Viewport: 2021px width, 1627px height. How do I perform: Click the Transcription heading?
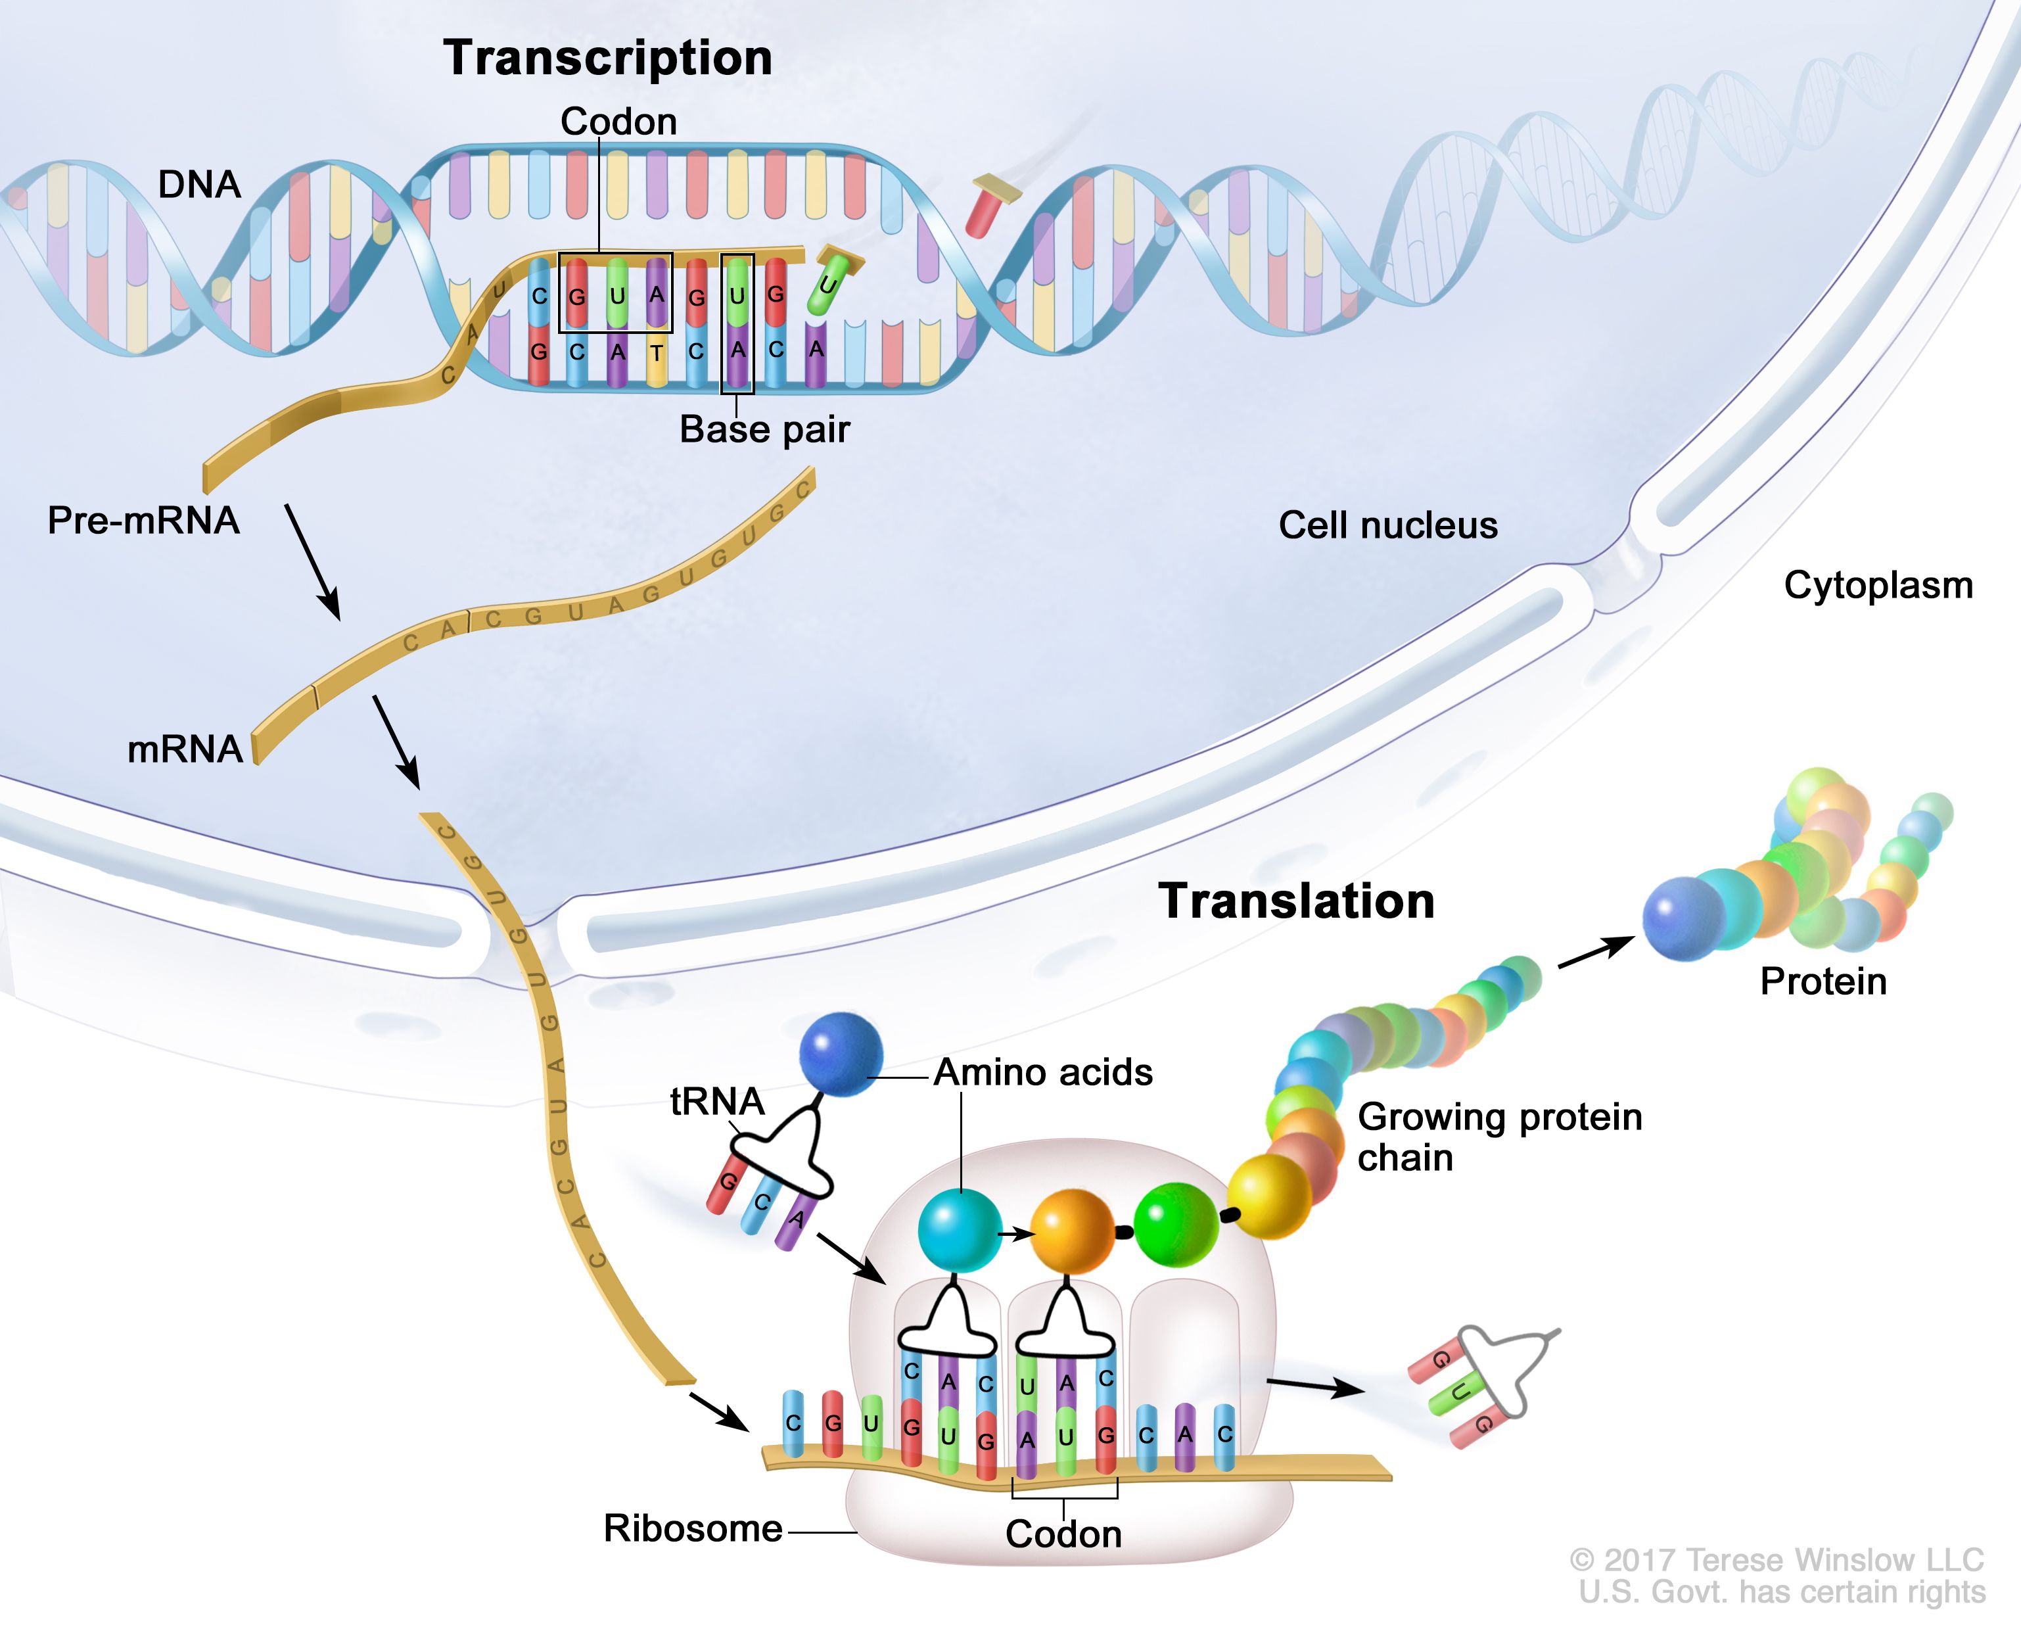tap(607, 58)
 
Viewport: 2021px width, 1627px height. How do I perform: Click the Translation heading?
tap(1297, 901)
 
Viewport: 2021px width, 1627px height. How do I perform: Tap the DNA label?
tap(198, 185)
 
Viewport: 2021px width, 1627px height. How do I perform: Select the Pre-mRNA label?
tap(143, 521)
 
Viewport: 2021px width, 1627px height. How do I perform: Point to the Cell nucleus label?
tap(1387, 525)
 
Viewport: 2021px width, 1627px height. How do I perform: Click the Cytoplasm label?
tap(1878, 585)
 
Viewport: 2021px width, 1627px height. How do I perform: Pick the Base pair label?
tap(764, 429)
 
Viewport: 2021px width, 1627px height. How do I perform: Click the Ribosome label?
tap(692, 1528)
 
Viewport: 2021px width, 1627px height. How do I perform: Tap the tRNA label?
tap(717, 1101)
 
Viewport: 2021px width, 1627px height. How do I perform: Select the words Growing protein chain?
tap(1498, 1137)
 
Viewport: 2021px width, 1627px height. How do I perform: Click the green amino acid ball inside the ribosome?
tap(1176, 1224)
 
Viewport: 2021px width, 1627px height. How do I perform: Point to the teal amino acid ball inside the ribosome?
tap(959, 1229)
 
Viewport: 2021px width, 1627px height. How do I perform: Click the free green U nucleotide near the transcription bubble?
tap(831, 279)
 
